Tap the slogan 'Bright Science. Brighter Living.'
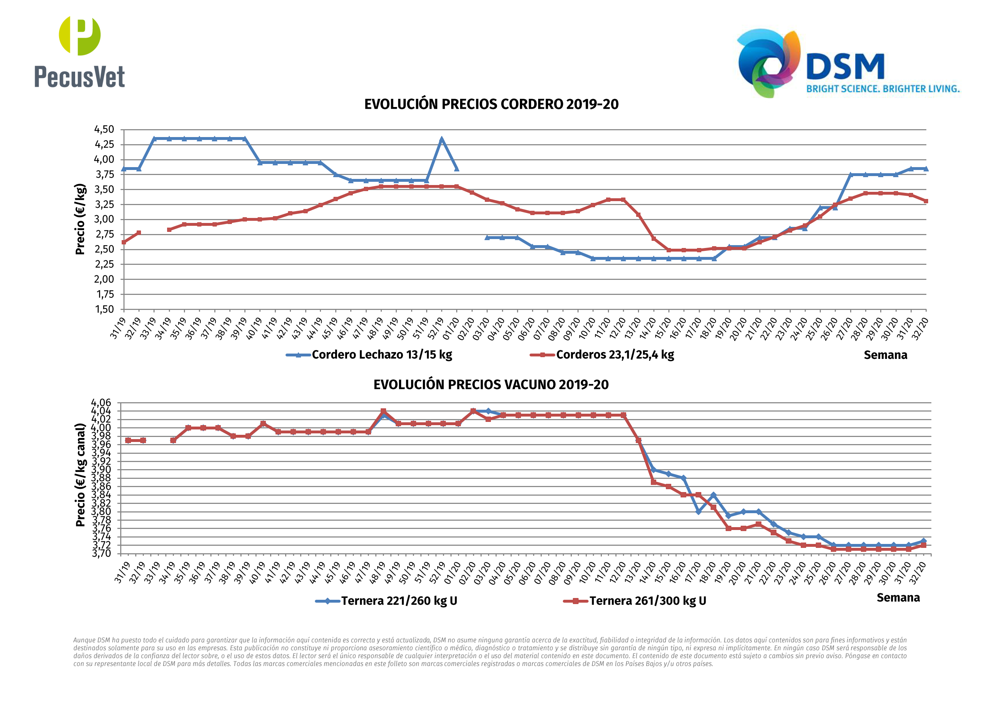tap(882, 89)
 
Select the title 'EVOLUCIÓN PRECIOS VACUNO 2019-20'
tap(491, 385)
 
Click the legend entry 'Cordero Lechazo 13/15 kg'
tap(381, 354)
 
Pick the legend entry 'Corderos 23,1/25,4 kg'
tap(614, 354)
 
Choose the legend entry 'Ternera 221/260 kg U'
tap(399, 600)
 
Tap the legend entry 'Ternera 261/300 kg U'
tap(647, 600)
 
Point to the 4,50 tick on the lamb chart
tap(104, 130)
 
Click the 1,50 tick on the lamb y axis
tap(104, 309)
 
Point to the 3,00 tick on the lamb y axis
tap(104, 220)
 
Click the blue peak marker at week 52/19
tap(442, 140)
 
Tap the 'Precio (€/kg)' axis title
tap(80, 219)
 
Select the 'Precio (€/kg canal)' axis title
tap(80, 475)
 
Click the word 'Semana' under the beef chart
tap(898, 598)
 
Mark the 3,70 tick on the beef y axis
tap(101, 553)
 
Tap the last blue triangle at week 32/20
tap(926, 169)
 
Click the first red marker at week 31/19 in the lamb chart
tap(124, 242)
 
